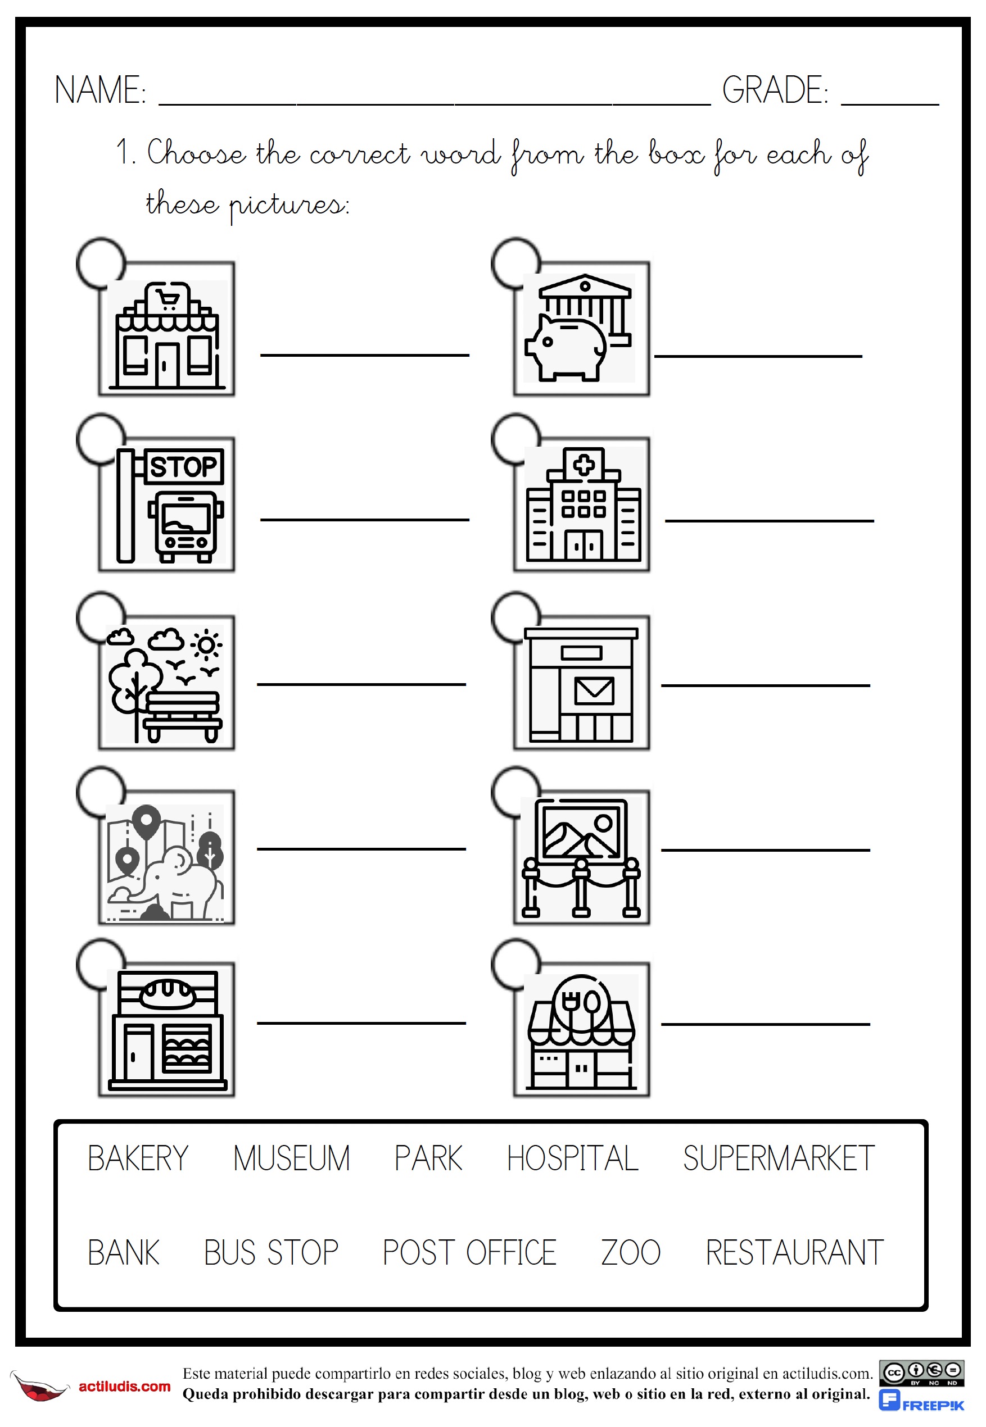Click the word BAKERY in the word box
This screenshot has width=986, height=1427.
point(138,1158)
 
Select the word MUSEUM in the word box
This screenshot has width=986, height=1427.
point(291,1158)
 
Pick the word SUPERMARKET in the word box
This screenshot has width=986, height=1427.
point(779,1158)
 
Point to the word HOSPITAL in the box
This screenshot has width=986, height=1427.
point(572,1158)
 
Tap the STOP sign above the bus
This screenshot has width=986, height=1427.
point(183,467)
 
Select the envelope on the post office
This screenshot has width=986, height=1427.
point(594,691)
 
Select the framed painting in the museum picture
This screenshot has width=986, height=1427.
point(581,830)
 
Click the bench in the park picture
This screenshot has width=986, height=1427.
point(182,715)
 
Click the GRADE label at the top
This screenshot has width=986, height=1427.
point(775,90)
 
